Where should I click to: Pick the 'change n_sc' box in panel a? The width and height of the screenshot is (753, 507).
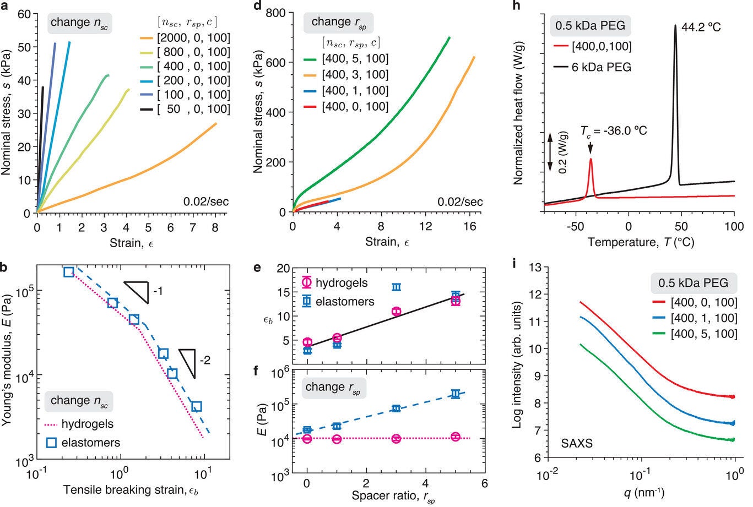pos(79,23)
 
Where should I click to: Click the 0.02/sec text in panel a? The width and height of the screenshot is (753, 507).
pos(207,201)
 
